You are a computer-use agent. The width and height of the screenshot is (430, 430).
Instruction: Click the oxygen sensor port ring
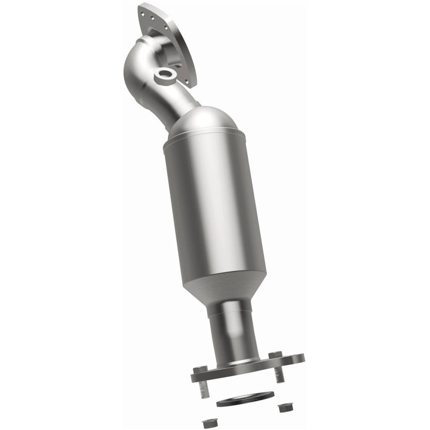coord(165,75)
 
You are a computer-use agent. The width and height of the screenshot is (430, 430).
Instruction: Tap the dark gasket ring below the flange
coord(244,398)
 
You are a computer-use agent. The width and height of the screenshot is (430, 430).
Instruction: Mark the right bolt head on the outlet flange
coord(275,355)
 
